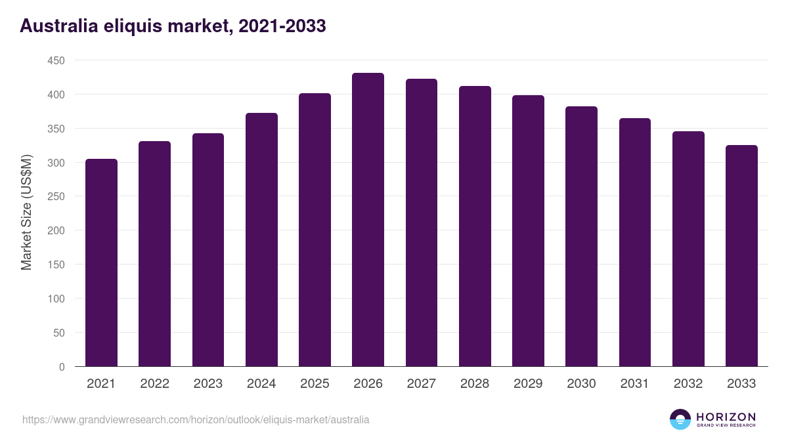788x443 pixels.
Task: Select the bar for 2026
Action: (368, 220)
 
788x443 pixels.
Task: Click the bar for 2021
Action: (101, 263)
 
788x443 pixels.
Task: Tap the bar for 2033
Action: (741, 256)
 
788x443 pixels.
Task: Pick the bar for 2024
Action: (261, 240)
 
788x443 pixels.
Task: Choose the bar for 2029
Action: (528, 231)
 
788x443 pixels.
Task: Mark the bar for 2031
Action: (634, 242)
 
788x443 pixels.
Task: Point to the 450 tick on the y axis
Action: (56, 60)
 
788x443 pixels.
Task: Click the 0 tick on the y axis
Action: (62, 367)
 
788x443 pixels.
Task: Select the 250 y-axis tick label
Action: (56, 196)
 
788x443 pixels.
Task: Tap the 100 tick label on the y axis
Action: (56, 299)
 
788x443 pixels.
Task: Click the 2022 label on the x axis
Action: (154, 384)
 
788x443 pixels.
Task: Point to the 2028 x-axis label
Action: (475, 384)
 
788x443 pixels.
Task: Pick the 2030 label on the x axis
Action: (581, 384)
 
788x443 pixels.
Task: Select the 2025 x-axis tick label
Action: (315, 384)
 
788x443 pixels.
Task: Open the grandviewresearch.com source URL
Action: (196, 419)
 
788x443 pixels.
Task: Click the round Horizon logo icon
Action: (680, 419)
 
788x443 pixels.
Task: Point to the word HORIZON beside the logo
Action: (726, 416)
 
